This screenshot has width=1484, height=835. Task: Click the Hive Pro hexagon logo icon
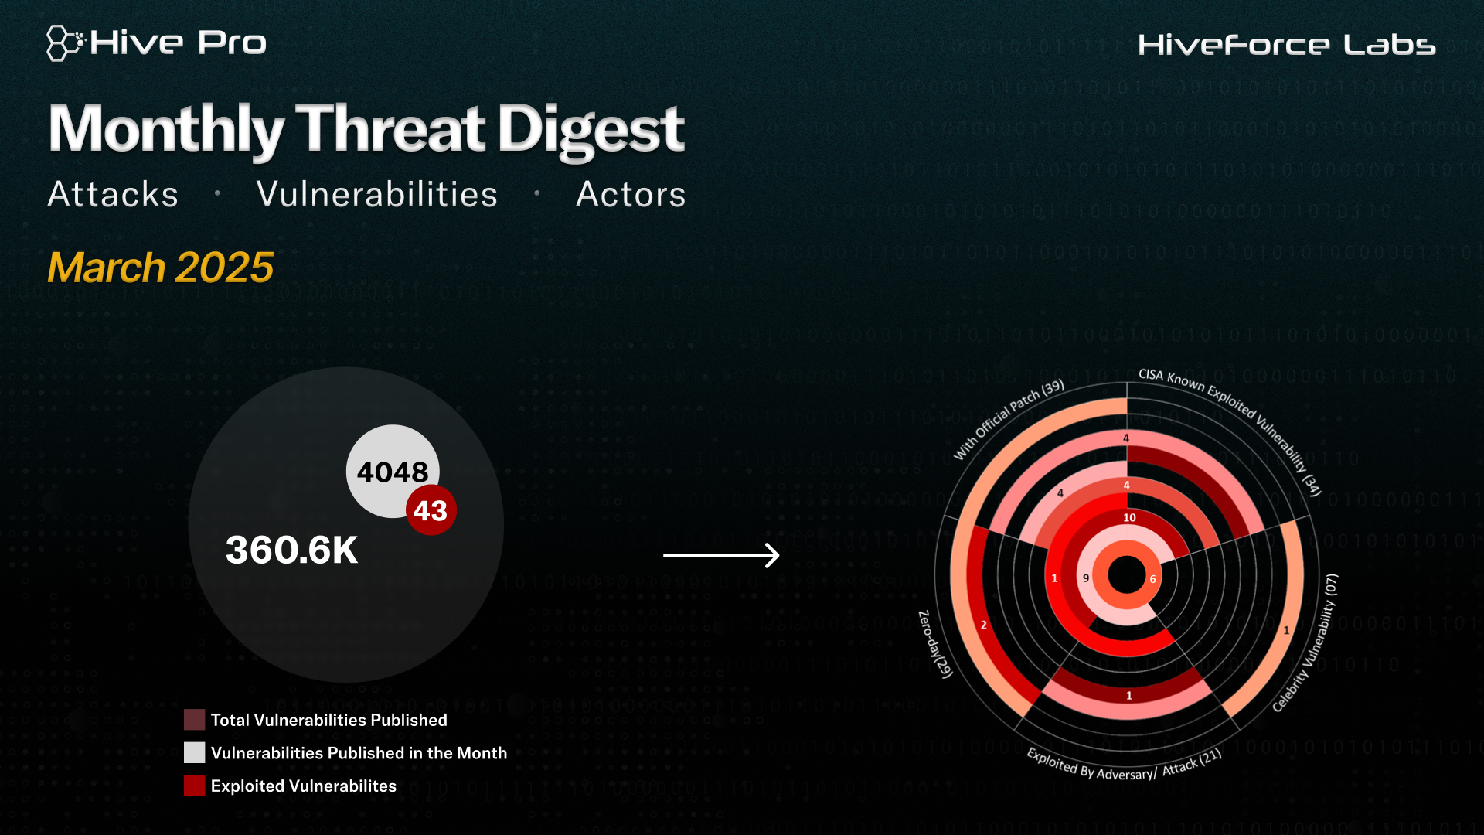65,43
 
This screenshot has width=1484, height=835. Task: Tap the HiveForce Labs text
1287,45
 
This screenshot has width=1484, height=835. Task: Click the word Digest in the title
591,130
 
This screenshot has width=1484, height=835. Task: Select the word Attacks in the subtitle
113,194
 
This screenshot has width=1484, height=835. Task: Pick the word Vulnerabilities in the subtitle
377,194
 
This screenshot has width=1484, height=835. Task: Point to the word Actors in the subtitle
631,194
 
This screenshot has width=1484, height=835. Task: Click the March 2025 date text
161,268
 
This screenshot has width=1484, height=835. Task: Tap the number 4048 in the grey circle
393,472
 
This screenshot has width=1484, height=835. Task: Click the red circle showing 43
431,510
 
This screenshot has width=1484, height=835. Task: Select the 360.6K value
291,550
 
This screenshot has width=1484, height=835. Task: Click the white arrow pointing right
722,555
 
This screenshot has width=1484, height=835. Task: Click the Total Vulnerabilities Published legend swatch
194,720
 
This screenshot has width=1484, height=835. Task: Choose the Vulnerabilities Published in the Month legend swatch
194,752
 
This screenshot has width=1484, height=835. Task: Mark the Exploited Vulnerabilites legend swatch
194,786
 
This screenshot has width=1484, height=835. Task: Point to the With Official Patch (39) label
1008,419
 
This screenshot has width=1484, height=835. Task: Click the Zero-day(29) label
934,644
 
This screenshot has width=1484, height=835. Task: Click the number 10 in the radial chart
1129,517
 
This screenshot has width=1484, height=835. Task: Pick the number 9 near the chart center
1086,578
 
